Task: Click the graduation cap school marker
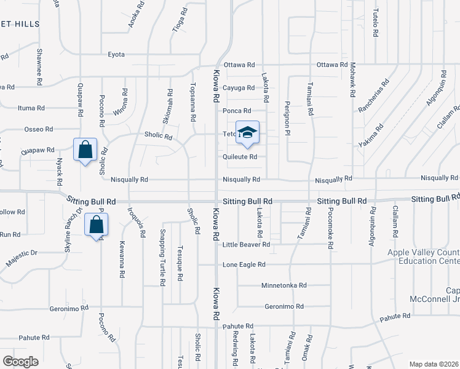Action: [x=247, y=133]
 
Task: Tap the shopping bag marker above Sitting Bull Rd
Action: [x=84, y=149]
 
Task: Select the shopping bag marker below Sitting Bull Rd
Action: [x=97, y=224]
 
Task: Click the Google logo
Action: [x=20, y=362]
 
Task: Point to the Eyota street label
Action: [x=116, y=55]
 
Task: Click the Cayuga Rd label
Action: [x=239, y=88]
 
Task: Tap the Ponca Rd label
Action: [x=238, y=111]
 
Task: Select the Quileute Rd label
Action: [x=240, y=157]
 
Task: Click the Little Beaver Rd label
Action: [x=247, y=244]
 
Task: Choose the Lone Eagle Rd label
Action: [x=244, y=264]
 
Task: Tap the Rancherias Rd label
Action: [x=373, y=96]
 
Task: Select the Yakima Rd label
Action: [x=371, y=137]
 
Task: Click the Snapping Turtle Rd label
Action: [x=162, y=257]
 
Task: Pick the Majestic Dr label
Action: [x=22, y=258]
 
